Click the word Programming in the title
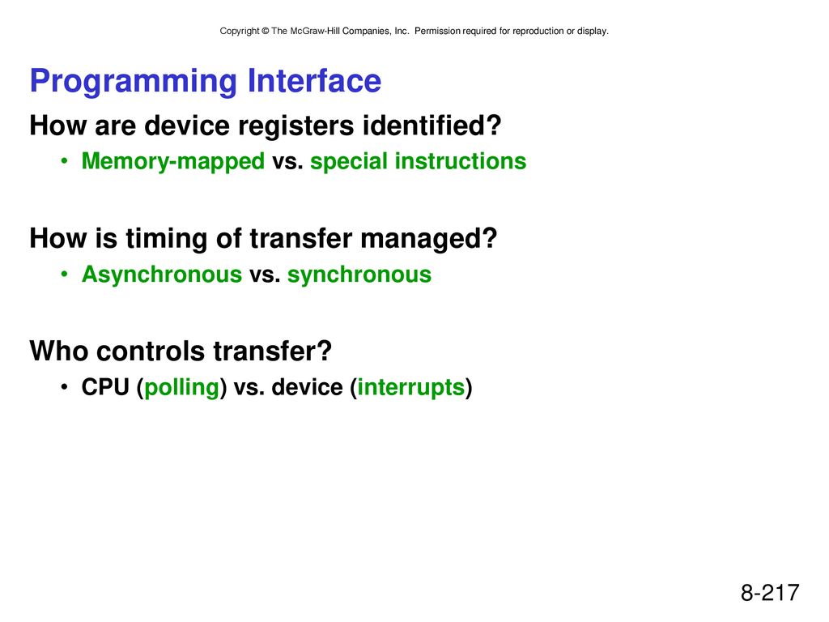[x=134, y=82]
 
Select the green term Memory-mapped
[x=173, y=161]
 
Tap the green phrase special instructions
[x=419, y=161]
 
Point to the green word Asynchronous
[x=162, y=275]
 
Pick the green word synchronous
[x=359, y=275]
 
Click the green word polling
[x=182, y=388]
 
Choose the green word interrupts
[x=410, y=388]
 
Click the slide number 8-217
[x=770, y=592]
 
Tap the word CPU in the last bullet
[x=105, y=387]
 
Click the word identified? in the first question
[x=432, y=126]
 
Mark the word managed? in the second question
[x=429, y=239]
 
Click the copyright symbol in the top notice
[x=266, y=32]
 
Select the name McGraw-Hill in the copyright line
[x=315, y=32]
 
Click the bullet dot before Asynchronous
[x=65, y=274]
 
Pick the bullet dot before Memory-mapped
[x=65, y=161]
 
